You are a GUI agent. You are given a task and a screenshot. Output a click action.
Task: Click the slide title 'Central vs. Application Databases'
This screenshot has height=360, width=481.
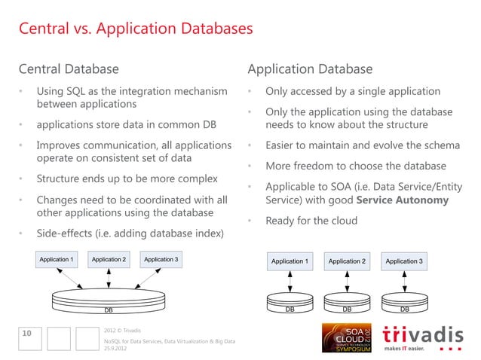click(x=136, y=31)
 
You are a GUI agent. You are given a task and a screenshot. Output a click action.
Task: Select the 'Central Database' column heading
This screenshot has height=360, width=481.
click(x=69, y=69)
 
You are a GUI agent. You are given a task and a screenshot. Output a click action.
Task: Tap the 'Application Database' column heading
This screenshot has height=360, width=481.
click(x=310, y=69)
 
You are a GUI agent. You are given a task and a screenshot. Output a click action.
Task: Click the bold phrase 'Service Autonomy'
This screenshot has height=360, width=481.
click(x=402, y=201)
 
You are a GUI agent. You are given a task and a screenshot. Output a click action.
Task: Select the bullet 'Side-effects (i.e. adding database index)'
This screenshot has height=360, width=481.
click(x=130, y=233)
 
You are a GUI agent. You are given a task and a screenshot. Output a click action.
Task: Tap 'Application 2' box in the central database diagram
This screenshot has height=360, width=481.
click(x=109, y=260)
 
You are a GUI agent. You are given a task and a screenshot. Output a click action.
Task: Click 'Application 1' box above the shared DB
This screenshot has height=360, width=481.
click(x=57, y=260)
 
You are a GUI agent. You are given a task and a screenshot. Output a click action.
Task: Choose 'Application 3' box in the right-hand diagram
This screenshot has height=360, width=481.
click(x=404, y=261)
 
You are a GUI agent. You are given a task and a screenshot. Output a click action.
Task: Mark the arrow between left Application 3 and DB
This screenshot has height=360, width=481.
click(x=143, y=277)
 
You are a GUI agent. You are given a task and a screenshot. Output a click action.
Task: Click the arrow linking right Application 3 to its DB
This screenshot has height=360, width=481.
click(x=404, y=281)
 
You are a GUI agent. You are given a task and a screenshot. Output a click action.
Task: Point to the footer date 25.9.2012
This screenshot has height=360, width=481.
click(x=115, y=349)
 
